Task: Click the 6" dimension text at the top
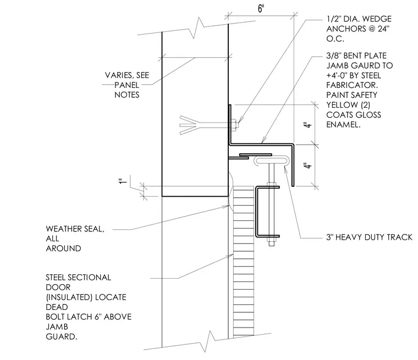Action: tap(261, 8)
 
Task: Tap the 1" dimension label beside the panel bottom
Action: tap(122, 181)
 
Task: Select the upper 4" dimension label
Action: tap(307, 125)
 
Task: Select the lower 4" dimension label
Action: tap(307, 166)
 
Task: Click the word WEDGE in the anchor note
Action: tap(377, 19)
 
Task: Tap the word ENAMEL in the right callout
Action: tap(343, 124)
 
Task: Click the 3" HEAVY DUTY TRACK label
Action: tap(369, 237)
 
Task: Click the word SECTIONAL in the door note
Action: tap(89, 278)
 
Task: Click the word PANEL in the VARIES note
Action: tap(127, 85)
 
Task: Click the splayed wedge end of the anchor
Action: tap(189, 125)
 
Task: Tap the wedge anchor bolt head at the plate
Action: tap(234, 125)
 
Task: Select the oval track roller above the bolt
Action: tap(271, 161)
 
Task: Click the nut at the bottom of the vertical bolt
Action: tap(272, 242)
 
